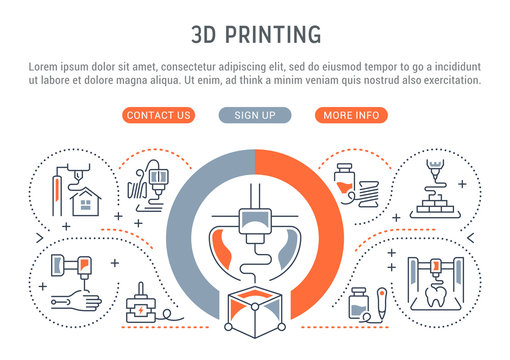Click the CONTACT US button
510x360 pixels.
pos(159,115)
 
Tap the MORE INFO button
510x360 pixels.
pos(351,115)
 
